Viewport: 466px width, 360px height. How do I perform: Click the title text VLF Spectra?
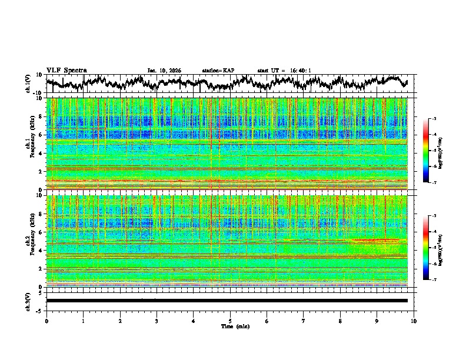[66, 70]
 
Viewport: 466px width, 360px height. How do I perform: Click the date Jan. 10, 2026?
[164, 71]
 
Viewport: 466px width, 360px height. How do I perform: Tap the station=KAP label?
[218, 71]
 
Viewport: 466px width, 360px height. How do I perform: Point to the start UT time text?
[284, 71]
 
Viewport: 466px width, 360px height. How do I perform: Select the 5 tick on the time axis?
[230, 321]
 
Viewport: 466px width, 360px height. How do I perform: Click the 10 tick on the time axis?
[414, 321]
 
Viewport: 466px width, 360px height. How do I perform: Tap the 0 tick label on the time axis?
[46, 321]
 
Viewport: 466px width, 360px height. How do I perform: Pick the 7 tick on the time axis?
[304, 321]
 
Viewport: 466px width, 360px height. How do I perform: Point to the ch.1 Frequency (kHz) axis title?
[31, 144]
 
